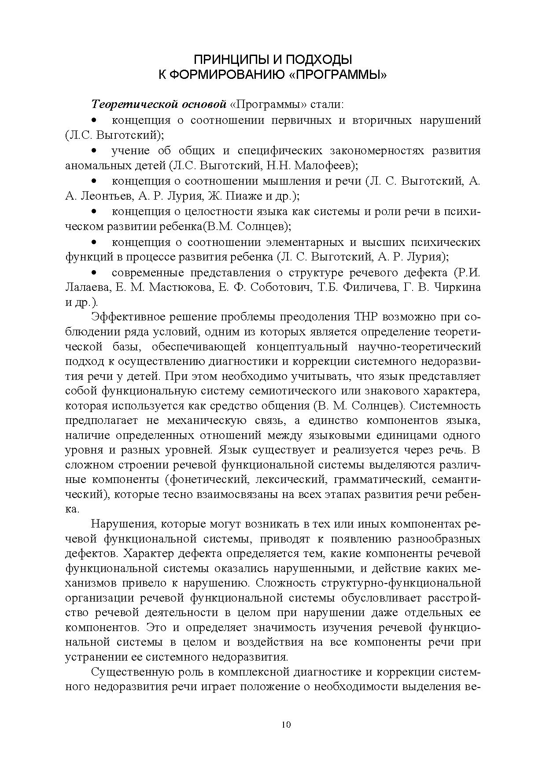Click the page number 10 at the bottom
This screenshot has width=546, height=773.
coord(273,725)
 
